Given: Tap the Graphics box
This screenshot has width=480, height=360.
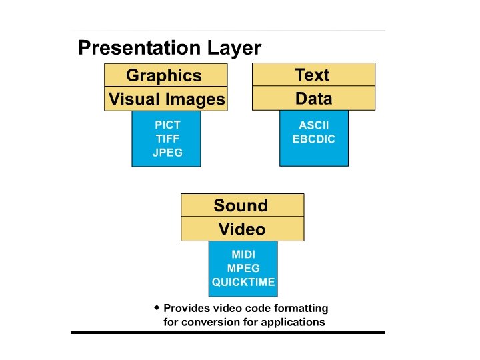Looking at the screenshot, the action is [164, 75].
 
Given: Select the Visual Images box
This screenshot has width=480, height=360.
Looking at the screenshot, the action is [167, 99].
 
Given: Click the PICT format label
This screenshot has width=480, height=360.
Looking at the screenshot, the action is [167, 125].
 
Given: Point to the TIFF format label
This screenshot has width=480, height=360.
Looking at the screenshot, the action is [167, 139].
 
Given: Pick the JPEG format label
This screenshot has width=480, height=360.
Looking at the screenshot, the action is [167, 153].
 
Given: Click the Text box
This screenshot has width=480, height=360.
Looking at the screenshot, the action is [313, 75].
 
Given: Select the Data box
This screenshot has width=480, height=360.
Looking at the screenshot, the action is [313, 99].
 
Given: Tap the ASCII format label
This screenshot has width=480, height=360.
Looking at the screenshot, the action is [313, 125].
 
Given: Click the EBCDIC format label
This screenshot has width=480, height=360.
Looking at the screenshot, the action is [313, 139].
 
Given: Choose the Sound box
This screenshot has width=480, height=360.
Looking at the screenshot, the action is [241, 205].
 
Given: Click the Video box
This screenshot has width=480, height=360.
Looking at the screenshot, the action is [242, 229].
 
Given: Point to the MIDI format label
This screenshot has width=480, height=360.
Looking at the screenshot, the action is [243, 254].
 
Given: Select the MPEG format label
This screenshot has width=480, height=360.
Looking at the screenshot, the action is [243, 268].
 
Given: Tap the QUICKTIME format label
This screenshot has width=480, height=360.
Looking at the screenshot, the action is [243, 282].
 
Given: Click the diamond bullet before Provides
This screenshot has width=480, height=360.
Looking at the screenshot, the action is [157, 307].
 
